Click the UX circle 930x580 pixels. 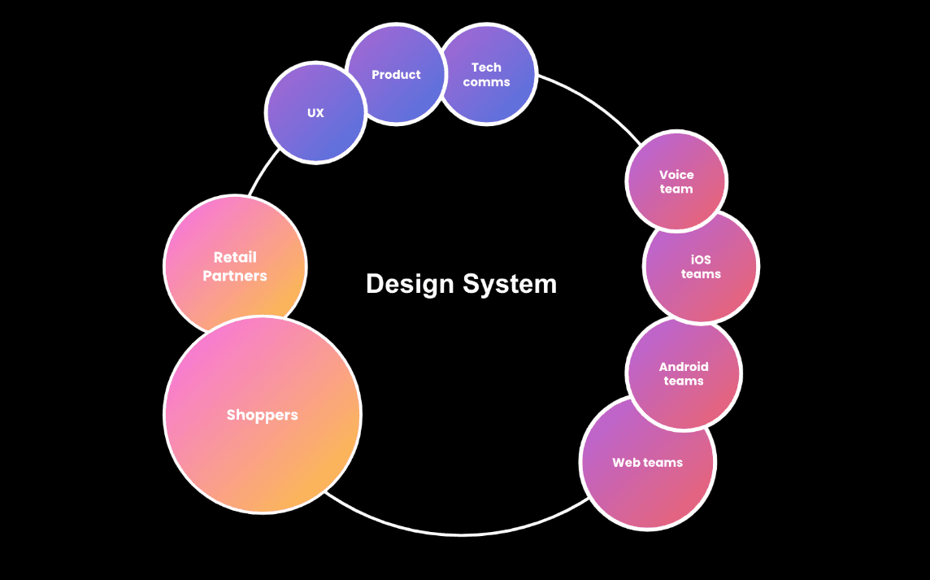pyautogui.click(x=315, y=113)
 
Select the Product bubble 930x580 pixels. pyautogui.click(x=396, y=75)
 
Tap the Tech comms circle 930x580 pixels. pyautogui.click(x=487, y=75)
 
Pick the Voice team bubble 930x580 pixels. pyautogui.click(x=676, y=181)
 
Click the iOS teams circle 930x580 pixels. pyautogui.click(x=701, y=267)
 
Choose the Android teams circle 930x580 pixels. pyautogui.click(x=684, y=373)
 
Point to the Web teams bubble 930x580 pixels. pyautogui.click(x=648, y=463)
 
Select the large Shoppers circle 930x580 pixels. pyautogui.click(x=263, y=415)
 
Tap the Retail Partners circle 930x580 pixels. pyautogui.click(x=235, y=267)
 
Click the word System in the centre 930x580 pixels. pyautogui.click(x=510, y=284)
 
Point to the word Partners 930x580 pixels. pyautogui.click(x=235, y=276)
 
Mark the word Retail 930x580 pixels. pyautogui.click(x=235, y=257)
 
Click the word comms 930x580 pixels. pyautogui.click(x=487, y=82)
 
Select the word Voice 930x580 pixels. pyautogui.click(x=676, y=175)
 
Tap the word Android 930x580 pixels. pyautogui.click(x=684, y=367)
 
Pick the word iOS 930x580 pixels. pyautogui.click(x=701, y=259)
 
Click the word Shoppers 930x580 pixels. pyautogui.click(x=263, y=415)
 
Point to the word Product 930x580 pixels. pyautogui.click(x=396, y=75)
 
